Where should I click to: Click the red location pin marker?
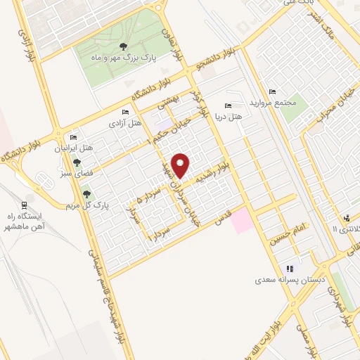(x=181, y=165)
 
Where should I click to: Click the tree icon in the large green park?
(x=124, y=47)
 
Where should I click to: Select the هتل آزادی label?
(x=124, y=123)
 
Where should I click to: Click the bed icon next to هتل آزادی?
(x=126, y=112)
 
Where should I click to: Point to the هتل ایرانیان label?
(x=78, y=148)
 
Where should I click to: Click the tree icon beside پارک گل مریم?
(x=86, y=194)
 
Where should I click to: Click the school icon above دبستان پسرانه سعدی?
(x=289, y=269)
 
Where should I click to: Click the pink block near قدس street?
(x=241, y=220)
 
